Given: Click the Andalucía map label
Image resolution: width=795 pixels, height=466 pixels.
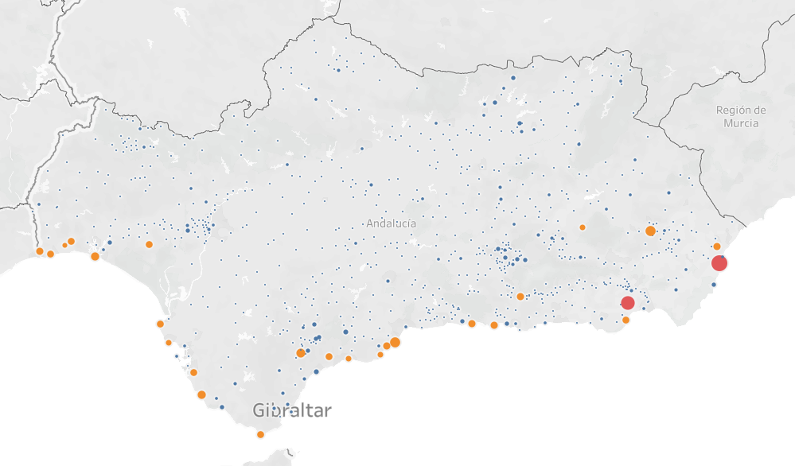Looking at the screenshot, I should click(x=391, y=223).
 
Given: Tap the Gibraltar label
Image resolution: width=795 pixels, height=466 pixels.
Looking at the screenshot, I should click(x=292, y=411).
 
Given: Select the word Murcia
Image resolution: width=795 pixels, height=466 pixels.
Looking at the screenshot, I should click(x=741, y=123).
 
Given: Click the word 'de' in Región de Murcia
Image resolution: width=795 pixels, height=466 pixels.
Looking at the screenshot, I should click(x=760, y=111).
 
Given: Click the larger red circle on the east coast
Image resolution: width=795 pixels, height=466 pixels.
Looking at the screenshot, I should click(x=719, y=263).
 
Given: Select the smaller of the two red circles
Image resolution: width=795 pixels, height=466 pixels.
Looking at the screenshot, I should click(x=628, y=302).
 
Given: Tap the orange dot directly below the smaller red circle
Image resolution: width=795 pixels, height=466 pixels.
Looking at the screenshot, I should click(x=625, y=320).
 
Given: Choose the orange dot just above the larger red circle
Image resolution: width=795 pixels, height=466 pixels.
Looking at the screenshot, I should click(x=717, y=247).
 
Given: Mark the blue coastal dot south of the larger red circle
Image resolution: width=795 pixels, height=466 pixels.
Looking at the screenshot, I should click(x=714, y=285).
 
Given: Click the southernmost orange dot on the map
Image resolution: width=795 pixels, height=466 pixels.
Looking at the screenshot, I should click(x=260, y=434).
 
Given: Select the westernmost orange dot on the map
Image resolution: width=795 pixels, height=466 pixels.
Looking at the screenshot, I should click(x=40, y=251).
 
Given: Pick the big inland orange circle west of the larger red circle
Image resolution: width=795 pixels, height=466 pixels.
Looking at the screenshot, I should click(x=650, y=231).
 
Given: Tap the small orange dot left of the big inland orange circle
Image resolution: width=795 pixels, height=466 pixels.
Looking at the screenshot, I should click(x=583, y=227).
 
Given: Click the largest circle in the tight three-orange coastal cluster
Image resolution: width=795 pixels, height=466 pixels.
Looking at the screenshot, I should click(x=395, y=342).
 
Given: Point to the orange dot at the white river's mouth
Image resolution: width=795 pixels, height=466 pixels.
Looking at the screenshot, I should click(x=160, y=324).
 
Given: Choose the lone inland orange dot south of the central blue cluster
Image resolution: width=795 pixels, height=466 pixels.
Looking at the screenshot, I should click(x=520, y=297).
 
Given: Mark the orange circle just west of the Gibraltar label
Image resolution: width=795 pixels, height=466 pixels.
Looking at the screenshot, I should click(x=201, y=394).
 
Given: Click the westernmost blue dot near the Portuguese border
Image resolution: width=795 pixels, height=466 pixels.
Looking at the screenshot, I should click(x=38, y=204).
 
